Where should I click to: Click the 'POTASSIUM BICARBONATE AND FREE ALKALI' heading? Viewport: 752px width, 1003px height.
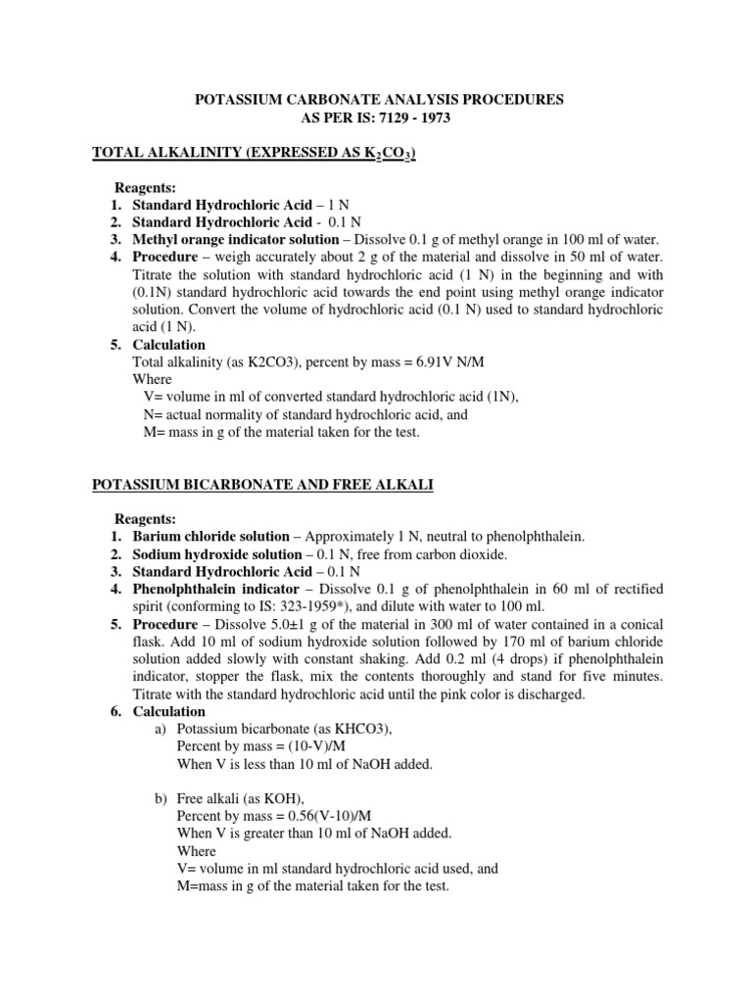click(263, 484)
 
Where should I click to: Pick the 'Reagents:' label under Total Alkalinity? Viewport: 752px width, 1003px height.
click(146, 187)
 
